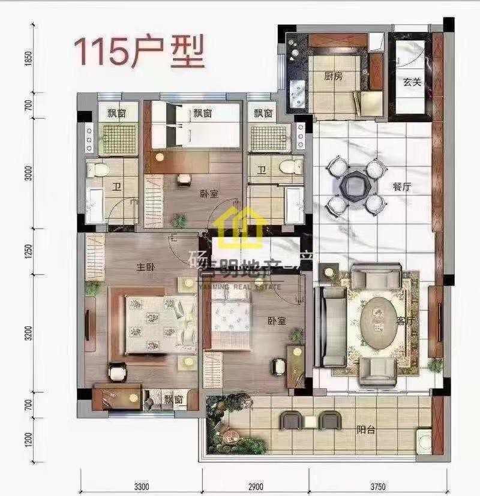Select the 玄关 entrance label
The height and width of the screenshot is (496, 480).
tap(411, 82)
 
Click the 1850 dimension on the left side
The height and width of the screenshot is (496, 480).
tap(27, 59)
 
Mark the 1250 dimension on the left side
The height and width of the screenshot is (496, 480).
tap(27, 252)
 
